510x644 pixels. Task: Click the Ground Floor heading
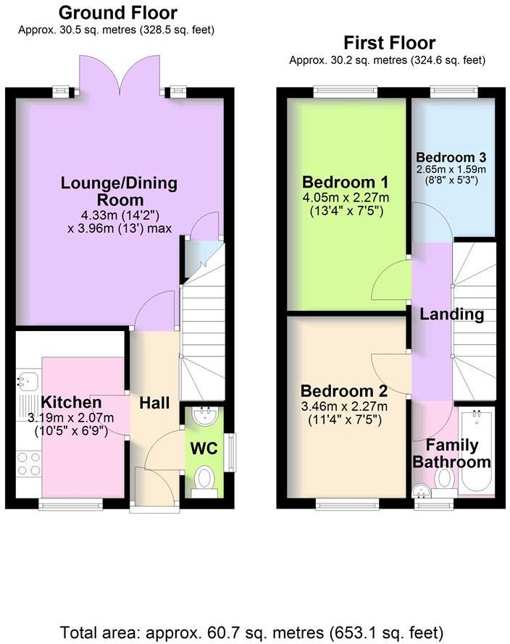(x=117, y=12)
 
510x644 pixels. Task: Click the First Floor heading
(x=389, y=43)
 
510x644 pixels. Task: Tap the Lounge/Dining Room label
(x=119, y=191)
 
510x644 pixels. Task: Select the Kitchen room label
(x=71, y=402)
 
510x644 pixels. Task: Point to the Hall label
(x=154, y=403)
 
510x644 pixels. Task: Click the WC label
(x=204, y=448)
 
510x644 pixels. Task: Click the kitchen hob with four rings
(x=28, y=464)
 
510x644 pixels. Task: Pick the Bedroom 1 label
(x=346, y=181)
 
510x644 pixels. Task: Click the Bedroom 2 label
(x=346, y=391)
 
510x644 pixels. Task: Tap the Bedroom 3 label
(x=451, y=156)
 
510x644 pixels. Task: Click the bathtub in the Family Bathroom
(x=477, y=453)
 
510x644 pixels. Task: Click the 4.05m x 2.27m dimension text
(x=346, y=197)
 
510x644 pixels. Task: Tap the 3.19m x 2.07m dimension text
(x=71, y=417)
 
